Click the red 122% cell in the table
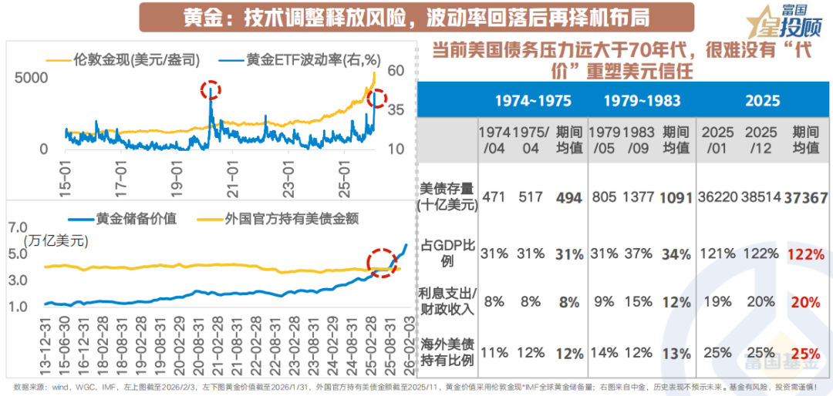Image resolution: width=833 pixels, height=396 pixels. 806,254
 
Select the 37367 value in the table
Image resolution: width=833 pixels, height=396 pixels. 806,197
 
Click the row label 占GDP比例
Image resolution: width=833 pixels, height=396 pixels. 446,253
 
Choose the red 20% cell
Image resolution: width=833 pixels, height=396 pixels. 806,303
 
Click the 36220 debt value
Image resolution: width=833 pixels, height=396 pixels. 717,197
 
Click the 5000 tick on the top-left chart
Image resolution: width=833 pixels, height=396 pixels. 31,78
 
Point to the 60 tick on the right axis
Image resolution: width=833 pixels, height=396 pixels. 396,70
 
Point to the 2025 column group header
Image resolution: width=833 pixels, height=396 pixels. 763,101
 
